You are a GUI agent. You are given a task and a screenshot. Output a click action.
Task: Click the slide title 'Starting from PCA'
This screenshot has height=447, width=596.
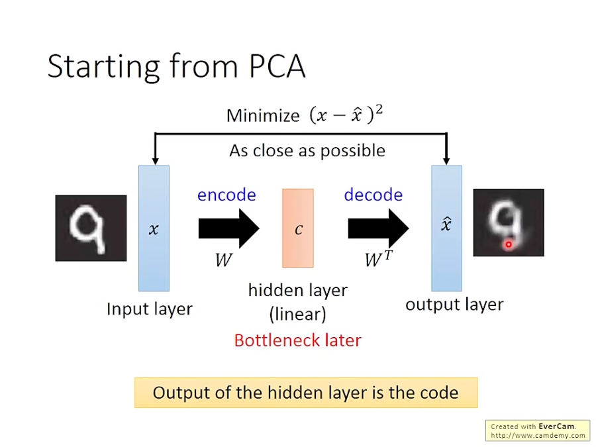[x=176, y=67]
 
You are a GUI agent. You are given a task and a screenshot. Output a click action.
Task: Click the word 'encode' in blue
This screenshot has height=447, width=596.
[x=226, y=195]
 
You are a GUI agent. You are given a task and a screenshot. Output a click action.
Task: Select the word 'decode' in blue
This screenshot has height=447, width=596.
[x=373, y=195]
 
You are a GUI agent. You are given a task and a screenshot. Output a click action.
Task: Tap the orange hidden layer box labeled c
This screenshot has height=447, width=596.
[x=298, y=228]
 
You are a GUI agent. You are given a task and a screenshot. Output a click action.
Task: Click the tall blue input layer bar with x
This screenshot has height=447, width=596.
[x=154, y=228]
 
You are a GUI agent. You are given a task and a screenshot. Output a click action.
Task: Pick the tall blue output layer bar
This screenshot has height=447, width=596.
[x=446, y=228]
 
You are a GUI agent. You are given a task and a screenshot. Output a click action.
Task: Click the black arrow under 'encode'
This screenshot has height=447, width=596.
[x=228, y=228]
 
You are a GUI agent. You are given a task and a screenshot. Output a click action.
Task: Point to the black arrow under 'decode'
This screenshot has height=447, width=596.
[x=378, y=228]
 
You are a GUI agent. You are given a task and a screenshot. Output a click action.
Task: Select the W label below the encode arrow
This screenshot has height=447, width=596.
[x=223, y=260]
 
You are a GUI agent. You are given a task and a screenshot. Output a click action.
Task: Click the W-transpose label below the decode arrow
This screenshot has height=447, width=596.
[x=378, y=259]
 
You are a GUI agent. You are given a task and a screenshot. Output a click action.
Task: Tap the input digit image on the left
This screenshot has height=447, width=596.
[x=91, y=228]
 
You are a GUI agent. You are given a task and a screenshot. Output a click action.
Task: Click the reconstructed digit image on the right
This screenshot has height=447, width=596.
[x=508, y=223]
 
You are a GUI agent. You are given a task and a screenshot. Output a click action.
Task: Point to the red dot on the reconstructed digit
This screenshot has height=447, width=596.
[x=509, y=244]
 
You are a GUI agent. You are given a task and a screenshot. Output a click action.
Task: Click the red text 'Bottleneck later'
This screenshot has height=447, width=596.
[x=297, y=340]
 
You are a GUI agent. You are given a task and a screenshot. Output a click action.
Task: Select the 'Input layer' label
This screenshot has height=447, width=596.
[x=150, y=309]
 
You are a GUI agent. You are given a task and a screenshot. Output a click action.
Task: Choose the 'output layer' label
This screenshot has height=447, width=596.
[x=454, y=305]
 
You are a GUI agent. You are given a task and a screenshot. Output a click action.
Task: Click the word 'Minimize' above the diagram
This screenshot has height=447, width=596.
[x=263, y=116]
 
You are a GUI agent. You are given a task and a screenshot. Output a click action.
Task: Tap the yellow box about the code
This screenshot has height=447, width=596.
[x=305, y=393]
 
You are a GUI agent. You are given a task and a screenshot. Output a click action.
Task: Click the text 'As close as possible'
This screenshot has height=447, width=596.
[x=307, y=150]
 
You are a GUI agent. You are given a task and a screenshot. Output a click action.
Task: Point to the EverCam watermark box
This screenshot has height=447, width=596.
[x=538, y=430]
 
